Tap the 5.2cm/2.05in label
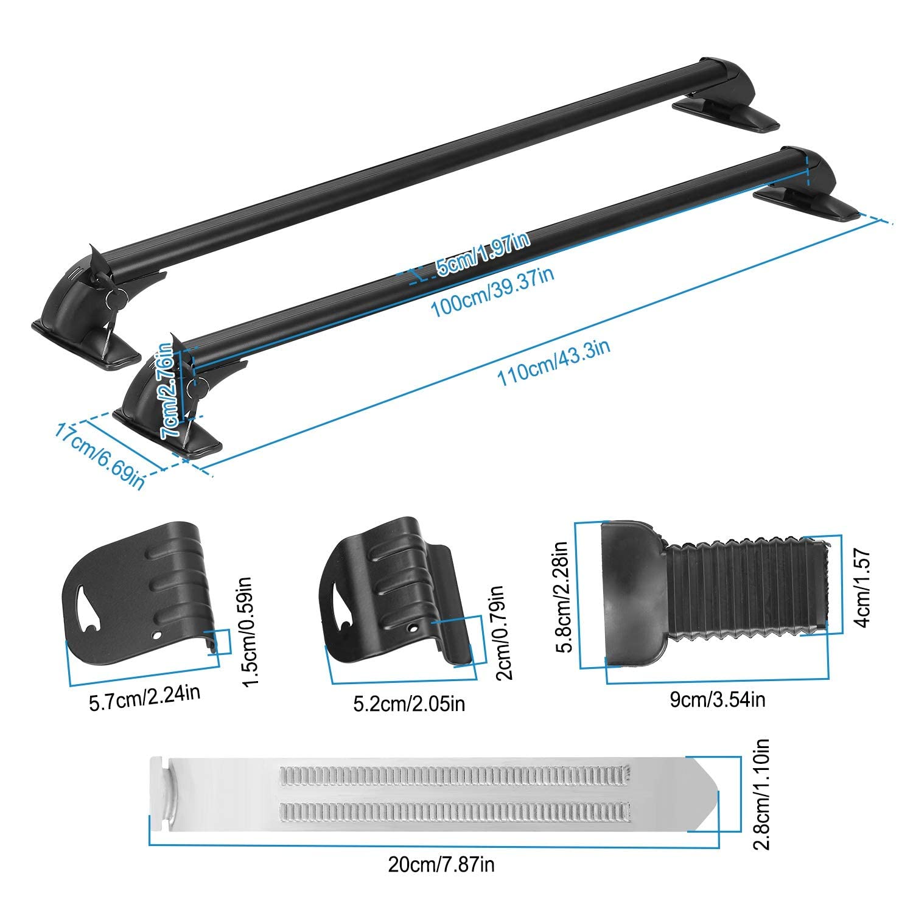409,704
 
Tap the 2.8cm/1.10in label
761,794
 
